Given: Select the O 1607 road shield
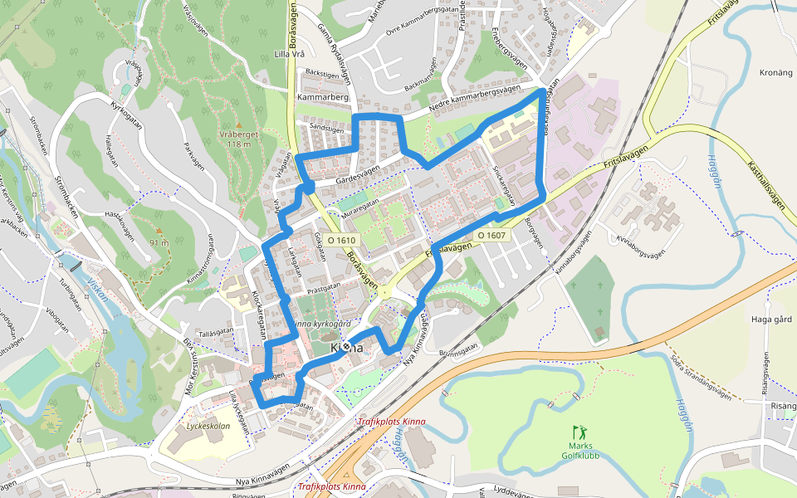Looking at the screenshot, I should [491, 236].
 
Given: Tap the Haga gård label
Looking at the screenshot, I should [771, 320].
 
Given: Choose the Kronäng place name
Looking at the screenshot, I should [776, 72].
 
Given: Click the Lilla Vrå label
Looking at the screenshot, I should [290, 55].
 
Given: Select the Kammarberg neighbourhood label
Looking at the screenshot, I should [322, 97].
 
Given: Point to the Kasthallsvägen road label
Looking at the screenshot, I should [766, 184].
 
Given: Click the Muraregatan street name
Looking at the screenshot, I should [359, 202].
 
